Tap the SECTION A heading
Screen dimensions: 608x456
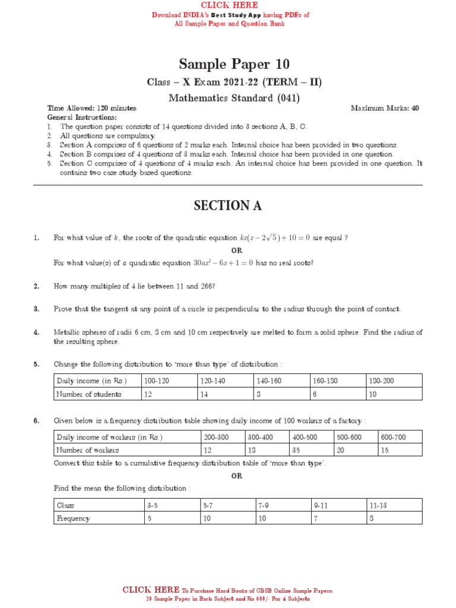(x=227, y=205)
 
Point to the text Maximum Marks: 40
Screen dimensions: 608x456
(x=385, y=109)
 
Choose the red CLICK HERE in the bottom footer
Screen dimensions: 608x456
(x=151, y=590)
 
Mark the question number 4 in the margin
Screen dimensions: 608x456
(x=36, y=332)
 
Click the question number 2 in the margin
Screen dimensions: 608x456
(x=36, y=286)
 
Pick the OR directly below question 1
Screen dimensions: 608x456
(x=237, y=251)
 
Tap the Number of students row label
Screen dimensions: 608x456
(x=88, y=394)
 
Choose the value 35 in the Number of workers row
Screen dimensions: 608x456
(x=295, y=450)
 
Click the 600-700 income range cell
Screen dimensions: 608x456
(x=393, y=437)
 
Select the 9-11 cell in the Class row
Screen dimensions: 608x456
(x=321, y=505)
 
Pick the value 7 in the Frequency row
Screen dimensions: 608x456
(x=316, y=518)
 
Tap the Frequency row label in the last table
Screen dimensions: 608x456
(x=73, y=518)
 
